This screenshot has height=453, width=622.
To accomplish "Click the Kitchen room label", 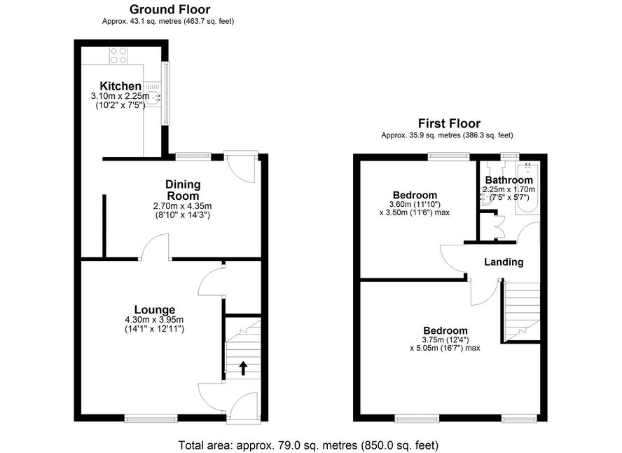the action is (x=120, y=86).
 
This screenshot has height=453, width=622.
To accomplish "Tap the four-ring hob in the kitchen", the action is (x=118, y=55).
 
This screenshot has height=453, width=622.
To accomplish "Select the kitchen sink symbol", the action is (x=153, y=95).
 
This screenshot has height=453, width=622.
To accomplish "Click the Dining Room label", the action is (x=183, y=190).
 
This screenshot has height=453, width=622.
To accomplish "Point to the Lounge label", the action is (x=154, y=310).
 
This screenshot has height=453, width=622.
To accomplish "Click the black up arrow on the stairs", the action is (x=243, y=368).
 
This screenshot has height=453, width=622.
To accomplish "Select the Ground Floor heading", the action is (x=170, y=9).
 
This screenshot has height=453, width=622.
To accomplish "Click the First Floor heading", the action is (x=449, y=123).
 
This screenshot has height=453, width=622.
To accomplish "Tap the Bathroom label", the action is (x=509, y=180).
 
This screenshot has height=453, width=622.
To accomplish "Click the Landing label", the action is (x=504, y=262).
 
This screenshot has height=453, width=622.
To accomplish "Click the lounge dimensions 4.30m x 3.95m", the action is (x=154, y=320).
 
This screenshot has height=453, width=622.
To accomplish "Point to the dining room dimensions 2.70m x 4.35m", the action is (x=183, y=206).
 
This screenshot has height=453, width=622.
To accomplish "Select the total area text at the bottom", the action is (x=308, y=445).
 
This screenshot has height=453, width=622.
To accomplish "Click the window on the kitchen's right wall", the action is (x=165, y=93).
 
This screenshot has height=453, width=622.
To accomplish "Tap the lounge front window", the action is (x=151, y=418).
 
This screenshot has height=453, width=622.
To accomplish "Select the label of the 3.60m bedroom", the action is (x=415, y=195).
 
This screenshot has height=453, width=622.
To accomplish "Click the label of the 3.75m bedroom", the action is (x=445, y=331).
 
